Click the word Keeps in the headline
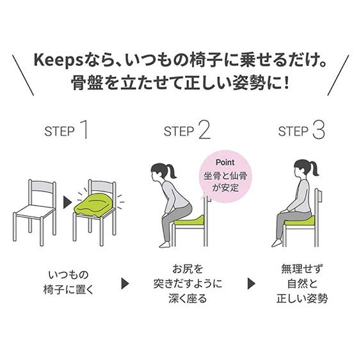58,60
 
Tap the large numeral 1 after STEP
84,130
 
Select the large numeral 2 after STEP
204,130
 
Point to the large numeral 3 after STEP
319,130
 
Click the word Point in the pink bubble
225,162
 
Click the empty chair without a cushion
35,212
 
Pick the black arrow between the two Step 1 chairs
67,202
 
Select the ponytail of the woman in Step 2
171,171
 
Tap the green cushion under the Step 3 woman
300,221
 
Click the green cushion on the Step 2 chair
189,220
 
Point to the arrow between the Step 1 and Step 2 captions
125,283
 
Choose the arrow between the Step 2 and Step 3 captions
252,283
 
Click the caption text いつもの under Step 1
69,275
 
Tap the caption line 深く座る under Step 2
188,298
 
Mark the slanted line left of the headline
22,75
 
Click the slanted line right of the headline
338,75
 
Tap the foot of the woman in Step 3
277,243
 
